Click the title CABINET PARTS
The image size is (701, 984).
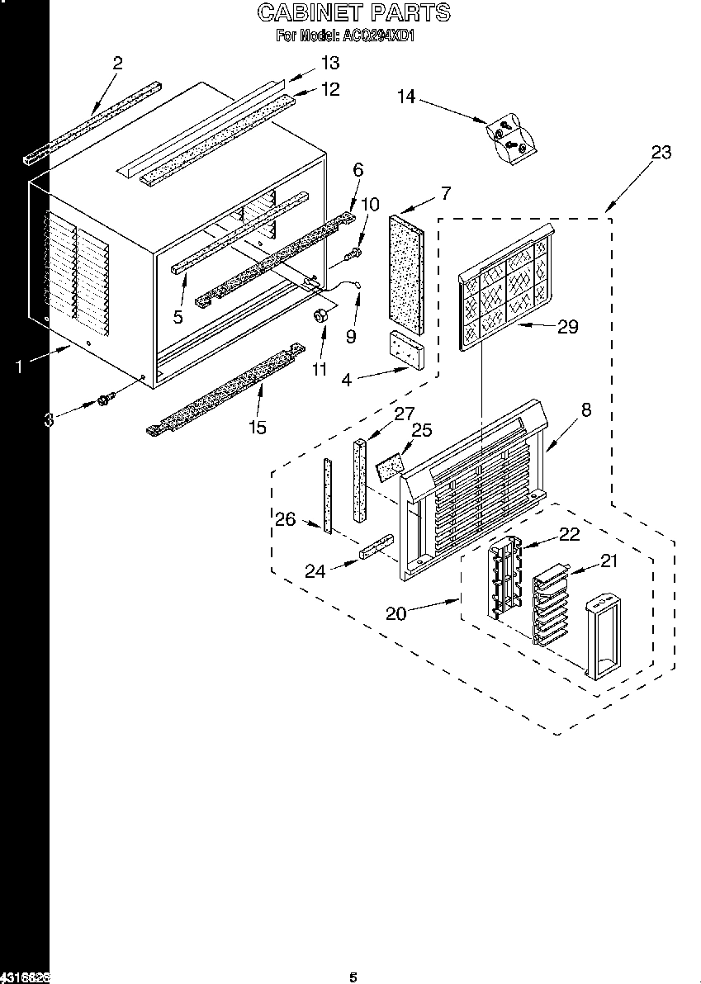click(x=353, y=12)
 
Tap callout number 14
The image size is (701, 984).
click(x=405, y=97)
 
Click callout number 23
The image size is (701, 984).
click(x=661, y=152)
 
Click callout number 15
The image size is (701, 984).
click(x=258, y=427)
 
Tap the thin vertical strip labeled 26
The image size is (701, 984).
click(x=328, y=495)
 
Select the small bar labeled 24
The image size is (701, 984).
click(x=375, y=547)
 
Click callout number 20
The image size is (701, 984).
click(x=397, y=613)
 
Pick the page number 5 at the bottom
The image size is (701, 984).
click(x=353, y=977)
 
